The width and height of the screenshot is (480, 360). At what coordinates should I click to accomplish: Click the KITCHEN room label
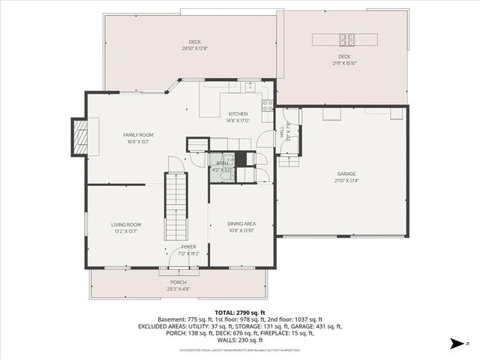point(238,114)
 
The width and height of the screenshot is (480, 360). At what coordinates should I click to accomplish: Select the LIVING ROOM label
point(126,224)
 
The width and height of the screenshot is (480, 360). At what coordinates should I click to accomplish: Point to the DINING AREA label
point(241,224)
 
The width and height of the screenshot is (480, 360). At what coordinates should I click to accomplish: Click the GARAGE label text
point(346,174)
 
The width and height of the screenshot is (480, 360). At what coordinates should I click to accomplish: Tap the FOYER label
point(189,247)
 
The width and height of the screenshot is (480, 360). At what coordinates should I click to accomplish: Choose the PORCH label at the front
point(178,282)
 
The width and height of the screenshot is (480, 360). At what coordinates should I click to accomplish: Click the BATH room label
point(222,163)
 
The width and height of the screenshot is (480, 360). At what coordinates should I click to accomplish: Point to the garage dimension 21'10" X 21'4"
point(346,181)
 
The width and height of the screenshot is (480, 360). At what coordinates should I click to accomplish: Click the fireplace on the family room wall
point(79,136)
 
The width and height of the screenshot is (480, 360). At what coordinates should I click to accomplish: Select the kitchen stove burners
point(266,104)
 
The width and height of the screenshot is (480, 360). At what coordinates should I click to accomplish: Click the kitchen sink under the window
point(247,87)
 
